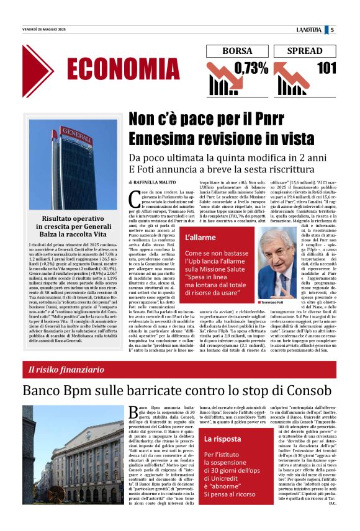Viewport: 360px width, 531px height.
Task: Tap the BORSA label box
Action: [x=237, y=51]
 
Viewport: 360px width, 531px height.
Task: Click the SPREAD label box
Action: [x=305, y=51]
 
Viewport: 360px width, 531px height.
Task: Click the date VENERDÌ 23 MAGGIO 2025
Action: [x=45, y=29]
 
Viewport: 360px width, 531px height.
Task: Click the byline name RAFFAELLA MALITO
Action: [x=156, y=182]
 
